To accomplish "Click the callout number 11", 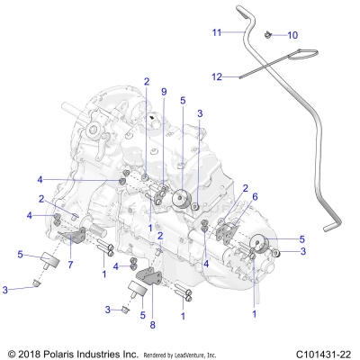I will point(216,32).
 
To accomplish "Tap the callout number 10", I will point(292,35).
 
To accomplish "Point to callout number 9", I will point(164,92).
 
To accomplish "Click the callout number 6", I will point(255,197).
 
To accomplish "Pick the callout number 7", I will point(69,264).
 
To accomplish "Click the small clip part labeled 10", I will point(269,35).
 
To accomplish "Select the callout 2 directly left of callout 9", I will point(146,81).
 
